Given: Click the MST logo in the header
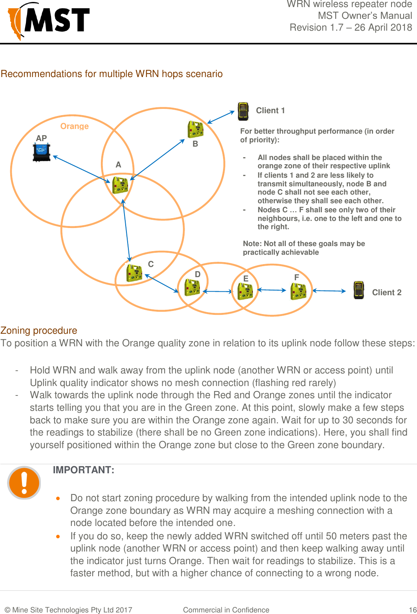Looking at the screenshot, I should pos(49,20).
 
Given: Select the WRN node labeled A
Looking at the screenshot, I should pos(120,185).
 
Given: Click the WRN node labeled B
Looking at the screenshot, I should pos(195,129).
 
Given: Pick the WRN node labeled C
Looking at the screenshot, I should pos(134,273).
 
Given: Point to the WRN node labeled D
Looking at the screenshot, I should pos(192,287).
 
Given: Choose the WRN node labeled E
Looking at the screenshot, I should pos(245,291).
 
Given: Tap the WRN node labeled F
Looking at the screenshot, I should pos(298,291).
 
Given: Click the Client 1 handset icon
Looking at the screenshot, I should pos(243,111).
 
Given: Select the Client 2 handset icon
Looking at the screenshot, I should pos(358,290).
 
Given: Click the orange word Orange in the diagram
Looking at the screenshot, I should pos(74,126).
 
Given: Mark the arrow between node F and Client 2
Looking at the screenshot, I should pos(329,291).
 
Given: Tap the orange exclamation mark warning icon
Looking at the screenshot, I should pos(24,482).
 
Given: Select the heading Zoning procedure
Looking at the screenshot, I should pos(39,331).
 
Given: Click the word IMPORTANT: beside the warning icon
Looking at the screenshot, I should pos(84,470).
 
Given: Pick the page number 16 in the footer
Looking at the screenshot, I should pos(412,610).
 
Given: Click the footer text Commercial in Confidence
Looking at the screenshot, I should pos(226,610).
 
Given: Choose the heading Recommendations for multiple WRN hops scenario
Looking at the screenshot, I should pos(112,74).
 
